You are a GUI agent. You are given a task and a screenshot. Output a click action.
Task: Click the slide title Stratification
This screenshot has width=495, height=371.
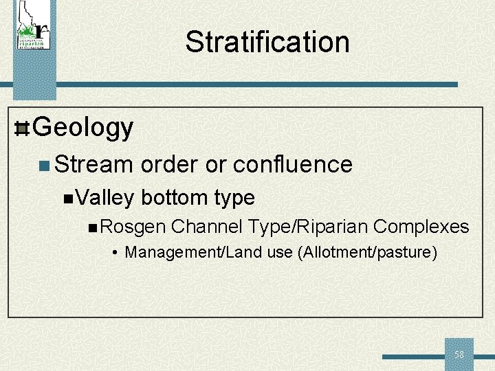click(267, 42)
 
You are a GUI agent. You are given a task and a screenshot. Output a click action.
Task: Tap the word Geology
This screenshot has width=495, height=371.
click(82, 128)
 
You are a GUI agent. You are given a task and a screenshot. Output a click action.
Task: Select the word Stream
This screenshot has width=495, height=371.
click(93, 165)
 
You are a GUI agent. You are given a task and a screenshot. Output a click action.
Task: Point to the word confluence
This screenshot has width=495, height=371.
click(293, 165)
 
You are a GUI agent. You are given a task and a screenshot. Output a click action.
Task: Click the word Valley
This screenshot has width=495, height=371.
click(105, 198)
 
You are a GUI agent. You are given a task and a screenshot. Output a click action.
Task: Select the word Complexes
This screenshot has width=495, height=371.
click(421, 227)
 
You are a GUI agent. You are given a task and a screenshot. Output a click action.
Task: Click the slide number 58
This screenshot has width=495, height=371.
click(459, 355)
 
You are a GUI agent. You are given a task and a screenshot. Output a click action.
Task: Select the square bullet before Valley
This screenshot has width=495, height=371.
click(67, 199)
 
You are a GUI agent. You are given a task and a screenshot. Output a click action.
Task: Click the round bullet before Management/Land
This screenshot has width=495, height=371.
click(117, 253)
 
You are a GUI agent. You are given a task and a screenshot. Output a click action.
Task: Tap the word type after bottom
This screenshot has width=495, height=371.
click(234, 199)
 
